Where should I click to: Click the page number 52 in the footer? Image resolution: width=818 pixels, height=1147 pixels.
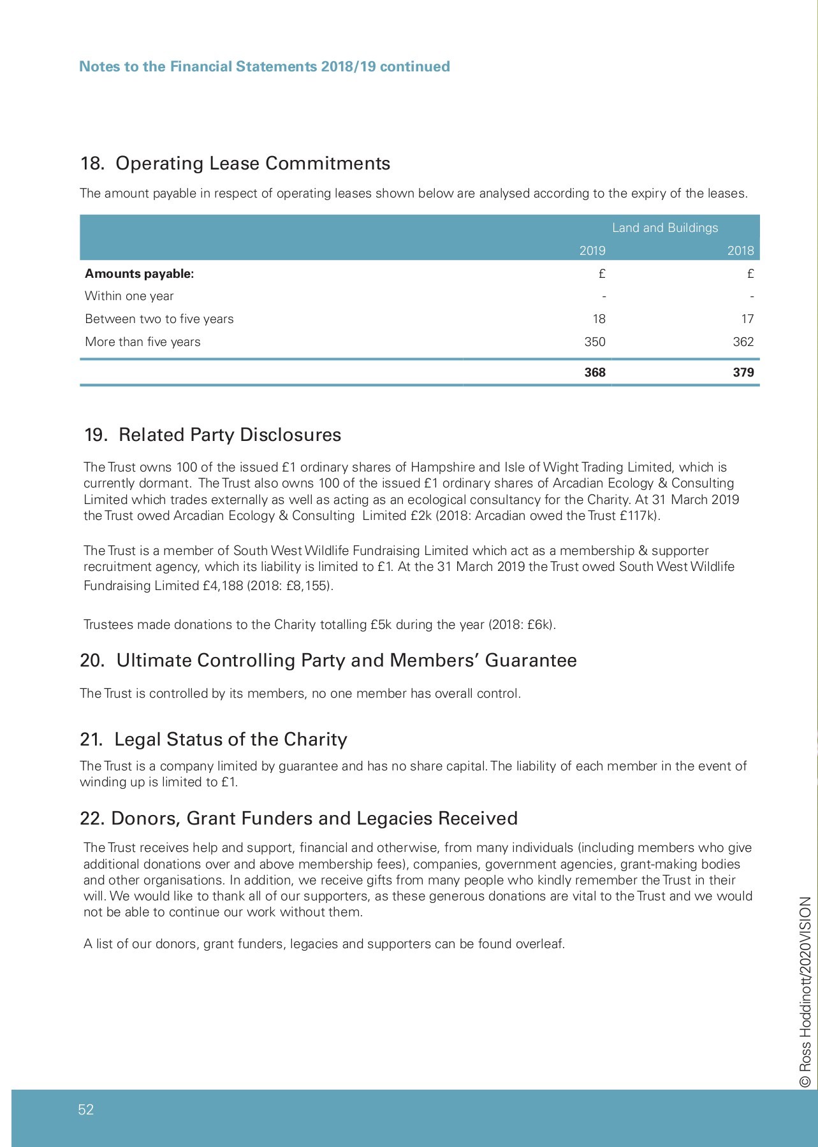click(x=86, y=1109)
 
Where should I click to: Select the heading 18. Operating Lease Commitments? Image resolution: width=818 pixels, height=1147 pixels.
click(x=235, y=164)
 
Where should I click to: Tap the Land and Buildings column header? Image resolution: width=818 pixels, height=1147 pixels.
click(x=664, y=228)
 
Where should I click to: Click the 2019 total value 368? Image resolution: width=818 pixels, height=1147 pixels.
click(x=594, y=373)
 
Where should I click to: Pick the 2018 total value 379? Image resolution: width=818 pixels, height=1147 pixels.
click(x=743, y=373)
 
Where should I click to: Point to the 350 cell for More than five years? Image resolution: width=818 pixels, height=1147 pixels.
click(x=594, y=342)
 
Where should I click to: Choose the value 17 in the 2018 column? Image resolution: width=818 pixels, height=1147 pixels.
click(x=747, y=319)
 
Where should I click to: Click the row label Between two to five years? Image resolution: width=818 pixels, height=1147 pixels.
click(x=159, y=319)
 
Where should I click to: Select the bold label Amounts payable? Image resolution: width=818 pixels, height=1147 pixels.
click(x=139, y=274)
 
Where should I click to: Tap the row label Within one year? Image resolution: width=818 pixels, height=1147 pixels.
click(x=129, y=296)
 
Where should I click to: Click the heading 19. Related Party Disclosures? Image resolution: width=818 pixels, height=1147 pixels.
click(x=213, y=435)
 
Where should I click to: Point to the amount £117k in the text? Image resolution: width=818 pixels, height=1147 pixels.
click(x=638, y=516)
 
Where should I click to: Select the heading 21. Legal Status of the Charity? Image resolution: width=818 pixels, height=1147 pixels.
click(x=214, y=740)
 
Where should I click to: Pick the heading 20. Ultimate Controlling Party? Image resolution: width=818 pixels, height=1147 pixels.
click(x=328, y=661)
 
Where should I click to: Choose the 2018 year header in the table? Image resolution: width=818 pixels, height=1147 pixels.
click(x=740, y=251)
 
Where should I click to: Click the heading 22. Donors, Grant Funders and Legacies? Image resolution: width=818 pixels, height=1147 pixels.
click(x=298, y=819)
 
